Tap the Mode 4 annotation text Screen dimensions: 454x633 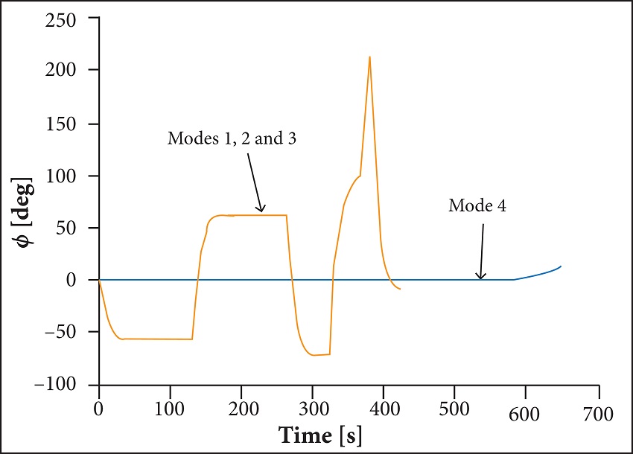[x=477, y=206]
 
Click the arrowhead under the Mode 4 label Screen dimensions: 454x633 [x=481, y=277]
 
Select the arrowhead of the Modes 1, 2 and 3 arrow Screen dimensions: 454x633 [x=261, y=211]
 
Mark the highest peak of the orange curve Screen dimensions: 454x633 [x=369, y=57]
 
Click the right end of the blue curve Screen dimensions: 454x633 [x=561, y=266]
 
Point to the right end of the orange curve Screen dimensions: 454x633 [x=401, y=289]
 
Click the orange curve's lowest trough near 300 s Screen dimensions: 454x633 [x=314, y=355]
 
